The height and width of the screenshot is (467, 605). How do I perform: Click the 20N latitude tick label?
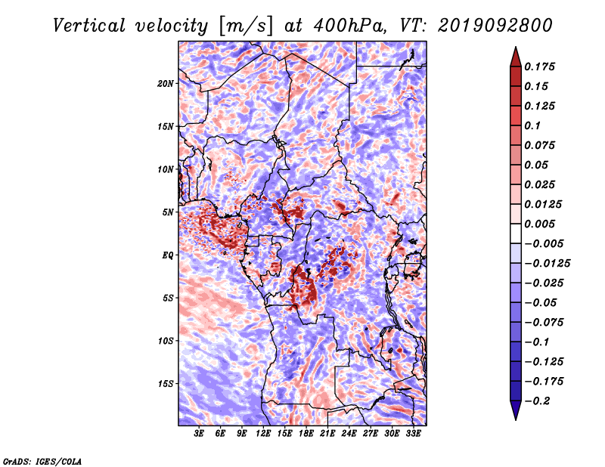166,84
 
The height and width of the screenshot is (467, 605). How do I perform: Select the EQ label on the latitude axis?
168,255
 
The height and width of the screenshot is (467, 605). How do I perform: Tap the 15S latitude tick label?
166,384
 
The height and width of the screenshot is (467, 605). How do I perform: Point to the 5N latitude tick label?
168,212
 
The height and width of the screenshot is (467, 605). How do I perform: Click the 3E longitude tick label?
199,434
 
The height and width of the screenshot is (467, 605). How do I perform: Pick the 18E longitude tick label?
306,434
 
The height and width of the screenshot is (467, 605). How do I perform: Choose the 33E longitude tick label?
413,434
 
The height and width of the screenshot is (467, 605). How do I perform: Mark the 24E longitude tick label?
349,434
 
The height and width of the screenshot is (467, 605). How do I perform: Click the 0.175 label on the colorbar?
539,66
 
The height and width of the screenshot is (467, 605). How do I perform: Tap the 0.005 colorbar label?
539,224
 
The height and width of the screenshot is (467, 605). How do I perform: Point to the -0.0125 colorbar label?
547,264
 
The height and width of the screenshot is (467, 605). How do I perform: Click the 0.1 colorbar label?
532,125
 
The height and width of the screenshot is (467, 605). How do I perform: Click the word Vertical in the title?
89,26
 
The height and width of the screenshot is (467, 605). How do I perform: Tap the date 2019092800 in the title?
495,26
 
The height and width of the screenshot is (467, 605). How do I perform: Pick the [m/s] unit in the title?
246,26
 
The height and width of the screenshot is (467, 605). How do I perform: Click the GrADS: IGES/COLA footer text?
42,461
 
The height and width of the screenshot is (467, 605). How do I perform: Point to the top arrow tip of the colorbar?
516,47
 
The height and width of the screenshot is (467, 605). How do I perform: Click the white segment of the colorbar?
516,233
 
